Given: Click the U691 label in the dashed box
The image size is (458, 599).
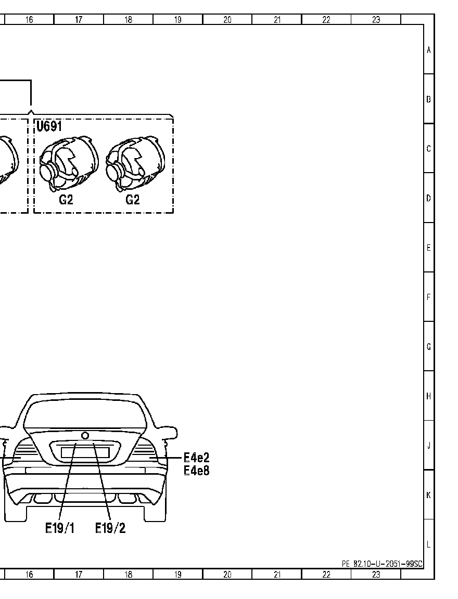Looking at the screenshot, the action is pyautogui.click(x=49, y=126).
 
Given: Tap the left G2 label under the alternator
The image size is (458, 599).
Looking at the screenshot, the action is pyautogui.click(x=66, y=200).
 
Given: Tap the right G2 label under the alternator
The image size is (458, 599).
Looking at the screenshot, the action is pyautogui.click(x=133, y=200).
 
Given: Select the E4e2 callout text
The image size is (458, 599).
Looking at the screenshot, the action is pyautogui.click(x=197, y=457).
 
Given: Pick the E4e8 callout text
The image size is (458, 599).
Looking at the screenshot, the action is pyautogui.click(x=197, y=470).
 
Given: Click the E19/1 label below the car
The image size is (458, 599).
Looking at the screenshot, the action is pyautogui.click(x=60, y=528).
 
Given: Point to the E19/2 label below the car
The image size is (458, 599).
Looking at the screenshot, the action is pyautogui.click(x=110, y=528).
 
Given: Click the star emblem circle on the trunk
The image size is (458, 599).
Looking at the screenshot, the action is pyautogui.click(x=85, y=436).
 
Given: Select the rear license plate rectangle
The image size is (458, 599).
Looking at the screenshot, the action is pyautogui.click(x=85, y=453).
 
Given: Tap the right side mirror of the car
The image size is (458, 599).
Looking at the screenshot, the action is pyautogui.click(x=171, y=433).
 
